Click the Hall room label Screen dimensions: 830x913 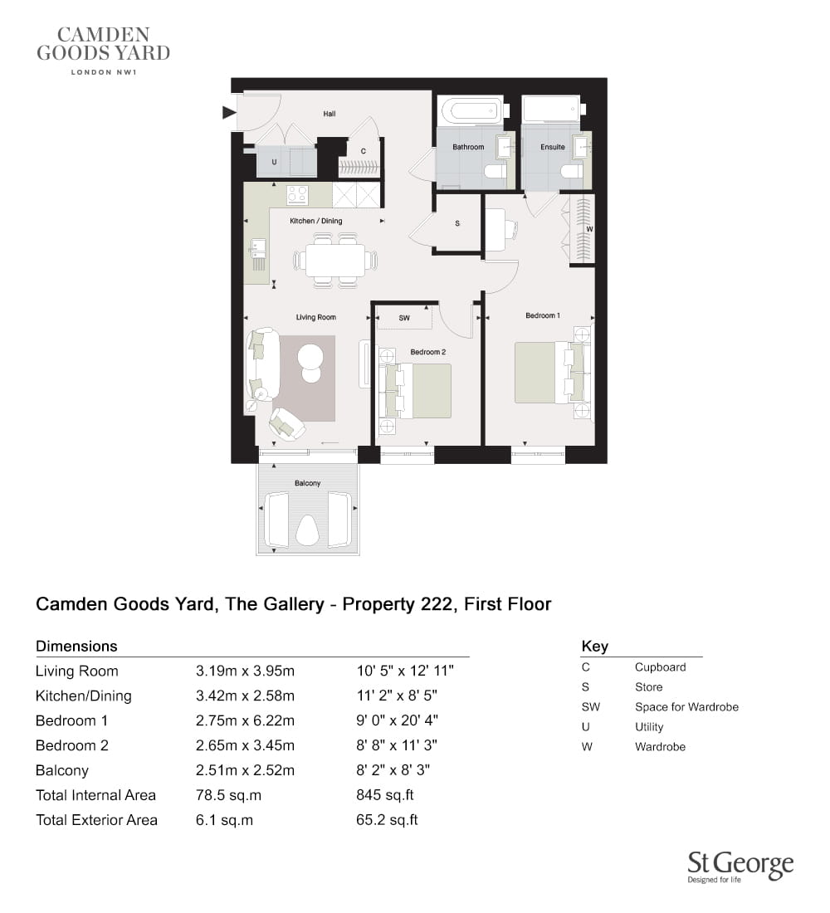329,115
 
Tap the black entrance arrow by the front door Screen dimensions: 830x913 229,112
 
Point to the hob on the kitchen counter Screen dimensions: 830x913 297,195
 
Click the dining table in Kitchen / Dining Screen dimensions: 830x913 335,261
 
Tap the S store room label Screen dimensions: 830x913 457,223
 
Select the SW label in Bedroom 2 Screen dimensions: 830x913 404,318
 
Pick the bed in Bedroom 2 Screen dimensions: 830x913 415,391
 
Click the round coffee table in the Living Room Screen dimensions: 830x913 311,364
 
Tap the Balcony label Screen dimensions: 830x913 308,483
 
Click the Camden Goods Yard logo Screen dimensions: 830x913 103,51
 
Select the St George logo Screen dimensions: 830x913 740,867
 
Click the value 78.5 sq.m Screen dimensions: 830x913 228,795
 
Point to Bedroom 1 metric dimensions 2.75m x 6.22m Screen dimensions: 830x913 245,720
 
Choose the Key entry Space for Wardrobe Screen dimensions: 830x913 686,707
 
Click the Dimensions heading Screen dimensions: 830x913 76,647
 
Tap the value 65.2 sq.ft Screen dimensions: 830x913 388,820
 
